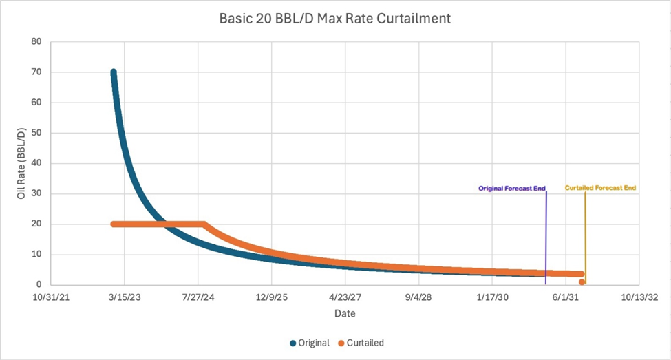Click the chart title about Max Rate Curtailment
(335, 19)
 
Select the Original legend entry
(310, 343)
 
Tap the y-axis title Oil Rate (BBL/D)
(21, 162)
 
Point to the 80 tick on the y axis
(36, 42)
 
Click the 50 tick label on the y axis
(36, 133)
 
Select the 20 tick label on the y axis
(36, 224)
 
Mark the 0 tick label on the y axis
(39, 284)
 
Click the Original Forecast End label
(511, 187)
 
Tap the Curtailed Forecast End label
(600, 187)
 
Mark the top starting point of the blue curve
(114, 72)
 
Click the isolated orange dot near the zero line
(582, 282)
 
